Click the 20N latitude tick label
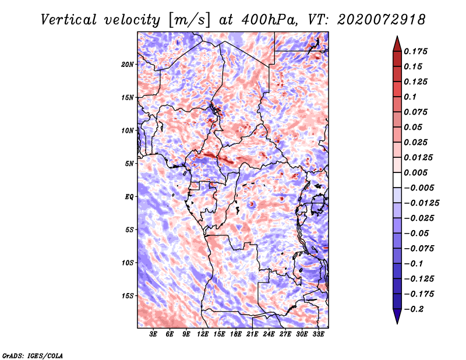pyautogui.click(x=128, y=64)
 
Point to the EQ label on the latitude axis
pyautogui.click(x=129, y=196)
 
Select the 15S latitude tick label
pyautogui.click(x=128, y=295)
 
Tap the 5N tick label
pyautogui.click(x=129, y=163)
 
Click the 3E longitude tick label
pyautogui.click(x=154, y=334)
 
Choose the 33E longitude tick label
pyautogui.click(x=319, y=334)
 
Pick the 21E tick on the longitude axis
pyautogui.click(x=253, y=334)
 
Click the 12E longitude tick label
pyautogui.click(x=203, y=334)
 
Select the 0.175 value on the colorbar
pyautogui.click(x=417, y=51)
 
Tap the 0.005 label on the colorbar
pyautogui.click(x=417, y=172)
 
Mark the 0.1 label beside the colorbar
pyautogui.click(x=412, y=97)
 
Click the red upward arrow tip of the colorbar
pyautogui.click(x=396, y=40)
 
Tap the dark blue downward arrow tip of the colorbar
pyautogui.click(x=396, y=320)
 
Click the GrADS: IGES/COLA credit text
pyautogui.click(x=32, y=355)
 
